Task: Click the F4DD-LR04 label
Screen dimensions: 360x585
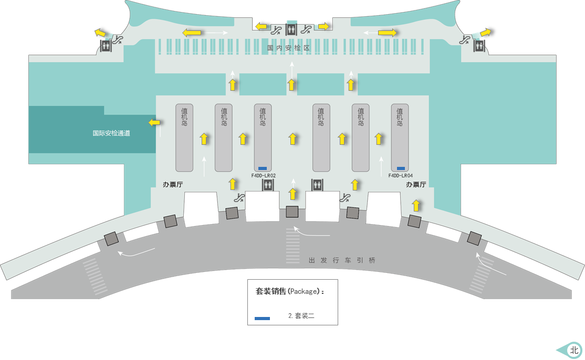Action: (x=400, y=176)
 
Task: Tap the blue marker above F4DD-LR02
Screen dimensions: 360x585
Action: (x=263, y=168)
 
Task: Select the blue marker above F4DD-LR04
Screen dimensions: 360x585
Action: (x=401, y=168)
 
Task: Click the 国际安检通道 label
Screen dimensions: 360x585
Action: (x=111, y=133)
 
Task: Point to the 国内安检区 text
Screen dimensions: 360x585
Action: (x=289, y=48)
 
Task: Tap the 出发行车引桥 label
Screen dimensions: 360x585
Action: (x=342, y=260)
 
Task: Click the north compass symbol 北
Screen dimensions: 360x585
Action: (x=573, y=350)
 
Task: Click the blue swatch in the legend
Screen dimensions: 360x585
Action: (x=262, y=319)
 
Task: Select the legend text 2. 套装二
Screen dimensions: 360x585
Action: (x=301, y=316)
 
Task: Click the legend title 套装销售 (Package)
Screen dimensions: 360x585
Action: (x=289, y=291)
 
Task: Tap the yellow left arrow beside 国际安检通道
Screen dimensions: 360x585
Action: (x=154, y=122)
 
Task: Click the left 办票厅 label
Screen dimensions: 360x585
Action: (x=173, y=185)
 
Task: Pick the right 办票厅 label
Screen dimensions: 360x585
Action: (x=416, y=185)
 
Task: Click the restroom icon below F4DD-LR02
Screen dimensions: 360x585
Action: (x=267, y=184)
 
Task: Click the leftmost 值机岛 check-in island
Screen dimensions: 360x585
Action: (x=184, y=137)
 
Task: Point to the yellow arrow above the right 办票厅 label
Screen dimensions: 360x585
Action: (x=416, y=205)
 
